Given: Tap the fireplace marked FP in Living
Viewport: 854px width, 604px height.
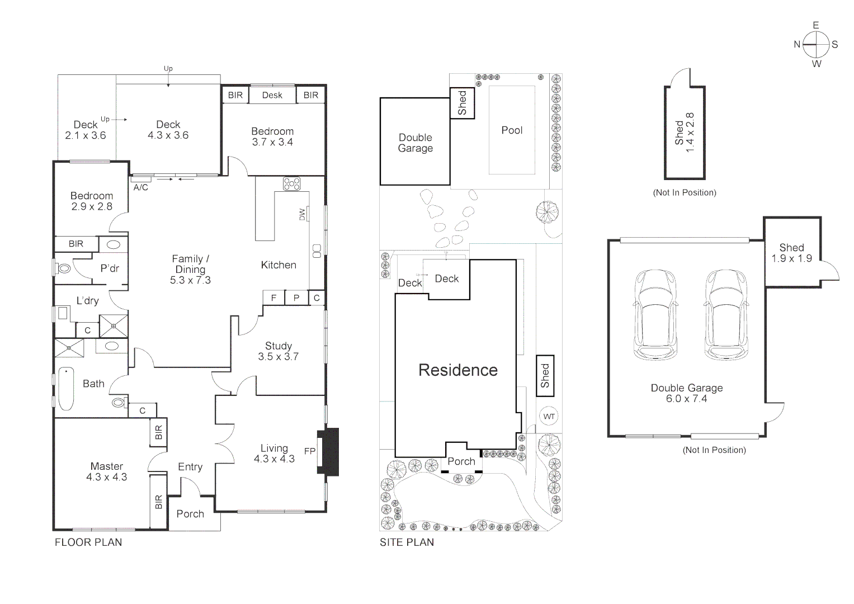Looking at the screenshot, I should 329,451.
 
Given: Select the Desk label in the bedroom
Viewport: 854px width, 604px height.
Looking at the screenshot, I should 272,95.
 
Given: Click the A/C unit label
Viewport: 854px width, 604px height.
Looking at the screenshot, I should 141,187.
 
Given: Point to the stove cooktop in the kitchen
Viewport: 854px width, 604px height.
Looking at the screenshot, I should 291,183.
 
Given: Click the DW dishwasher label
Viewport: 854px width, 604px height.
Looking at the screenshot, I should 303,214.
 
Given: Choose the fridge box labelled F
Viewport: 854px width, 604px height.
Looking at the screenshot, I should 273,298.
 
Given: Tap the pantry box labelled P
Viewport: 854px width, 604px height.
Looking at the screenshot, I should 296,298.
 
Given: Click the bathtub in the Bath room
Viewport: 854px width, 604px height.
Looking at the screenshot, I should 66,388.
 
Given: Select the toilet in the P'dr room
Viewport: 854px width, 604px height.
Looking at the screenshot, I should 64,268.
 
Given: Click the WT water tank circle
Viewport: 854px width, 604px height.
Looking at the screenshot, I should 549,416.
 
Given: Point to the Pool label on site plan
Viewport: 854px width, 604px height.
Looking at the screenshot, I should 512,130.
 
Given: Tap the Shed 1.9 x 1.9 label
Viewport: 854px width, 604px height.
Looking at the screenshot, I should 791,253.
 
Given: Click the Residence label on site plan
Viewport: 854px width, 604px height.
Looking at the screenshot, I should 458,370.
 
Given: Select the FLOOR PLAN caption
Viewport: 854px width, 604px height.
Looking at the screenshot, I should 88,542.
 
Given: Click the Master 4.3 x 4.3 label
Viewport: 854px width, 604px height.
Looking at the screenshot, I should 107,471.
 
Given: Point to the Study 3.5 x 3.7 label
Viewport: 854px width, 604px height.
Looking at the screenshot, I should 279,351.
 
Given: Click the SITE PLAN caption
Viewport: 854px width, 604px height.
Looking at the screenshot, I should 407,542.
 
